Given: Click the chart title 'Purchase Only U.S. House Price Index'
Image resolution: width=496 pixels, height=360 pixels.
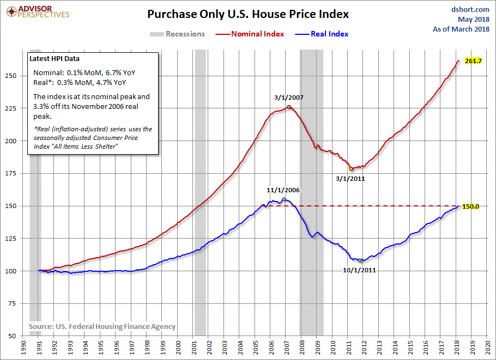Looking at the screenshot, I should coord(248,14).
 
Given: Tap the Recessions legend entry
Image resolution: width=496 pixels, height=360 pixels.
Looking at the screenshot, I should coord(177,34).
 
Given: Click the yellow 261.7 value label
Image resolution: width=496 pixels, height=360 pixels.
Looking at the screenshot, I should coord(473,61).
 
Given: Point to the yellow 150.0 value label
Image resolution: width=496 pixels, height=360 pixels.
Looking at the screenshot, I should coord(470,206).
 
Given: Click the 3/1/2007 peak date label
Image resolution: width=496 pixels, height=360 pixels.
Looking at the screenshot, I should coord(289,99).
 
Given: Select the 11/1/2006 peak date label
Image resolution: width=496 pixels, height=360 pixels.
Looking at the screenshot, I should coord(283,190).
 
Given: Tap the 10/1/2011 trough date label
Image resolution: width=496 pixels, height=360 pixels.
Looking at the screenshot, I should coord(360,270).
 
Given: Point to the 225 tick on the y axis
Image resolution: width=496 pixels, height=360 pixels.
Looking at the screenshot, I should coord(17,108).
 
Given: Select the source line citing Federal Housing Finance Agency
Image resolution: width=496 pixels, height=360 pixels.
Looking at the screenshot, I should coord(102,326).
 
